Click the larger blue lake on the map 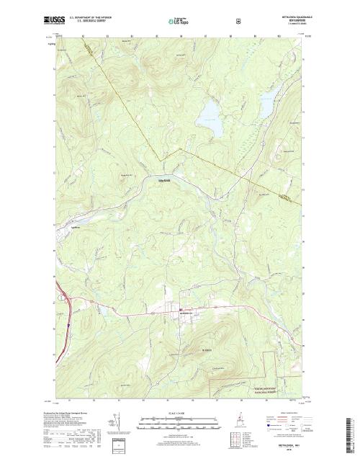tap(210, 115)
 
